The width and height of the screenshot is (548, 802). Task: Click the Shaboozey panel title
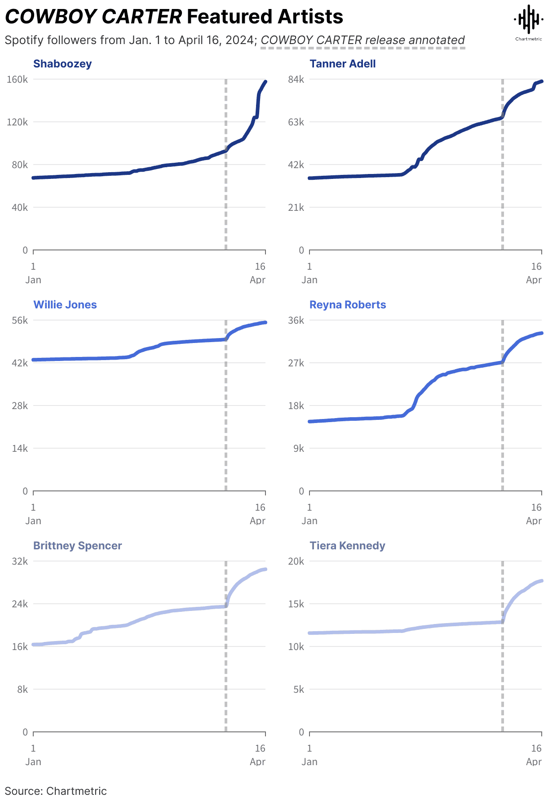[x=62, y=64]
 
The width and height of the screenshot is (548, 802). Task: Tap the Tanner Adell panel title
[x=342, y=64]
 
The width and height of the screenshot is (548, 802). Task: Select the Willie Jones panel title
[x=65, y=305]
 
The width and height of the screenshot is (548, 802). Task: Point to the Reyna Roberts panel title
[x=348, y=305]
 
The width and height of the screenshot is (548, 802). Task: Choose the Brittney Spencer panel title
[x=77, y=546]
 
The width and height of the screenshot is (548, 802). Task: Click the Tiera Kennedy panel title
[x=347, y=546]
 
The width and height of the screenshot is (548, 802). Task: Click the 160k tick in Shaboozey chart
[x=18, y=80]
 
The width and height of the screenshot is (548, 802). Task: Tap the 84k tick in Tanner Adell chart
[x=296, y=80]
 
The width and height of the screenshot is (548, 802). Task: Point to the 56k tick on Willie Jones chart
[x=20, y=321]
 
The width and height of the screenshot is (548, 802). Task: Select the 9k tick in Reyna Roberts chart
[x=299, y=449]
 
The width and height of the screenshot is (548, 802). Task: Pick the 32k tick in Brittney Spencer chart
[x=20, y=561]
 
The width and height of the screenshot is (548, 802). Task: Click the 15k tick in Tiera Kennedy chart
[x=296, y=604]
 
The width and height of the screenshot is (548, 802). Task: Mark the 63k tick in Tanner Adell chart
[x=296, y=122]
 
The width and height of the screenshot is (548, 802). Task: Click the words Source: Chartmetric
[x=56, y=791]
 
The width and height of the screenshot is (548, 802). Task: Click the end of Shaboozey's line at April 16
[x=265, y=82]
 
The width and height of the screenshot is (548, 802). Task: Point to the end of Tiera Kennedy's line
[x=542, y=581]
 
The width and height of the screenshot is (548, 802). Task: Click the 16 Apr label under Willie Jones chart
[x=258, y=514]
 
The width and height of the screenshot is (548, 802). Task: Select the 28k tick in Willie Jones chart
[x=20, y=406]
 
